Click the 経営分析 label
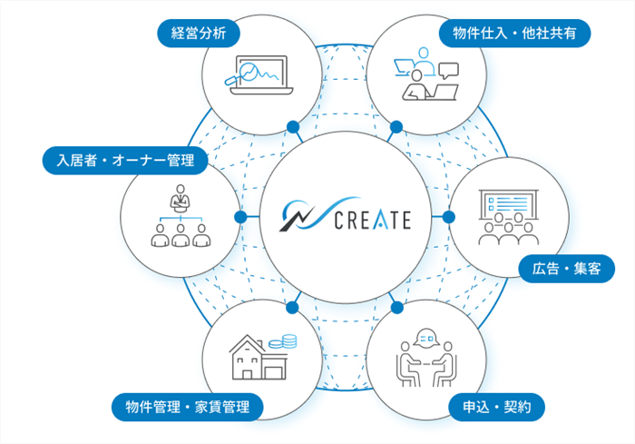[198, 35]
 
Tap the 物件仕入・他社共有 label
[514, 35]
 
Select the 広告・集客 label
[567, 268]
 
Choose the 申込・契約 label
[497, 406]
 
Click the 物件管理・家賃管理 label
[187, 406]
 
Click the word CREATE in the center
[372, 219]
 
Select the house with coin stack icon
[264, 357]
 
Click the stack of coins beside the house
[289, 342]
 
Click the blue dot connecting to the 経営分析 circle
[292, 126]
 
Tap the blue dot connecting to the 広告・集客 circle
[448, 218]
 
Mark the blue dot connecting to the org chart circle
[239, 218]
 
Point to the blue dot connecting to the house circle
[292, 307]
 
